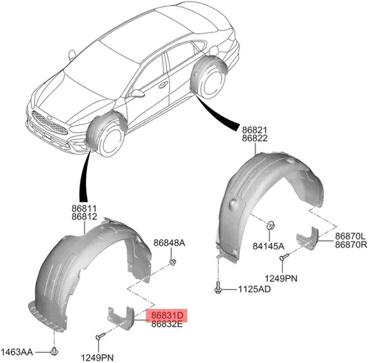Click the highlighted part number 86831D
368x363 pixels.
tap(167, 315)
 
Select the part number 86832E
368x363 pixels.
tap(167, 324)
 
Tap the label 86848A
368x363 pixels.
tap(169, 243)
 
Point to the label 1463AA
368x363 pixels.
tap(17, 352)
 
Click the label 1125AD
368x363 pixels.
tap(255, 289)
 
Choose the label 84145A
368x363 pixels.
tap(269, 246)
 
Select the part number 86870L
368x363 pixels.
tap(350, 236)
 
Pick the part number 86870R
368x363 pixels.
tap(351, 244)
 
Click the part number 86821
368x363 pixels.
tap(255, 130)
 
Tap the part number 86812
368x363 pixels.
tap(85, 216)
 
